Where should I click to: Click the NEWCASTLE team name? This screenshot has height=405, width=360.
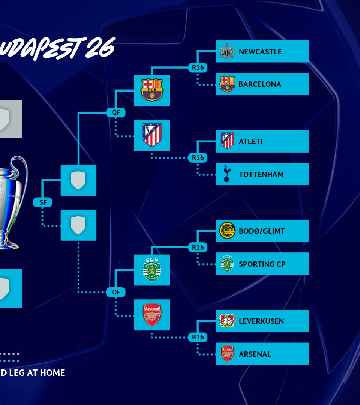pos(260,52)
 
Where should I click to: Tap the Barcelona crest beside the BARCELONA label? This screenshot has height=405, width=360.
pos(227,84)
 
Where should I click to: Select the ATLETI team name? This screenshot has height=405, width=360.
pos(250,141)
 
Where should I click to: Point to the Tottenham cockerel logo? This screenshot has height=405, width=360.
pos(227,174)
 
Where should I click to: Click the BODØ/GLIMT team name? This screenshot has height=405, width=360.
pos(262,231)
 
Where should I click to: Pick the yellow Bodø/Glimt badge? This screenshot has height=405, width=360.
pos(227,231)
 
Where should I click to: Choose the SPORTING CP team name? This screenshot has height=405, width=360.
pos(262,264)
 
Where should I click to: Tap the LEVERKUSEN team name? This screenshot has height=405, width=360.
pos(261,321)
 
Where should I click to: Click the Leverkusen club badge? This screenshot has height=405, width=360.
pos(227,321)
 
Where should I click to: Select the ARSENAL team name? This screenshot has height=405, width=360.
pos(255,354)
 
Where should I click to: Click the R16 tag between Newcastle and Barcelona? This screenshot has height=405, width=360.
pos(198,67)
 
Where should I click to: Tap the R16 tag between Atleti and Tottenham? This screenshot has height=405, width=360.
pos(198,158)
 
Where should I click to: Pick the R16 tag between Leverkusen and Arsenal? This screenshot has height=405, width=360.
pos(198,337)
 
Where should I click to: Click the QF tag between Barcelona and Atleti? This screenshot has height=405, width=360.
pos(115,112)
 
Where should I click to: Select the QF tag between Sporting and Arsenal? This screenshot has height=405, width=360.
pos(115,292)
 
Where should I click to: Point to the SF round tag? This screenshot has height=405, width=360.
pos(42,202)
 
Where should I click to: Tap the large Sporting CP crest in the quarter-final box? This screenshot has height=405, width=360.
pos(152,270)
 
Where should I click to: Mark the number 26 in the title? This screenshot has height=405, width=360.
pos(99,49)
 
